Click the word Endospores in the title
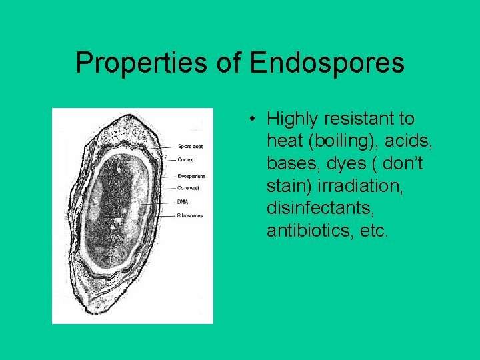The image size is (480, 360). (327, 63)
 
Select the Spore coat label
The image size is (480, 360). (189, 147)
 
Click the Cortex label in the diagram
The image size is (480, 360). (186, 159)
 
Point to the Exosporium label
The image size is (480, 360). (191, 176)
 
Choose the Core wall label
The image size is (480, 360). (188, 189)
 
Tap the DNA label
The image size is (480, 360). (183, 202)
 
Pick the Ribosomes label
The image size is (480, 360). (190, 215)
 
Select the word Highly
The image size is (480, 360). (292, 119)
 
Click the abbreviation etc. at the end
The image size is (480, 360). (373, 231)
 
